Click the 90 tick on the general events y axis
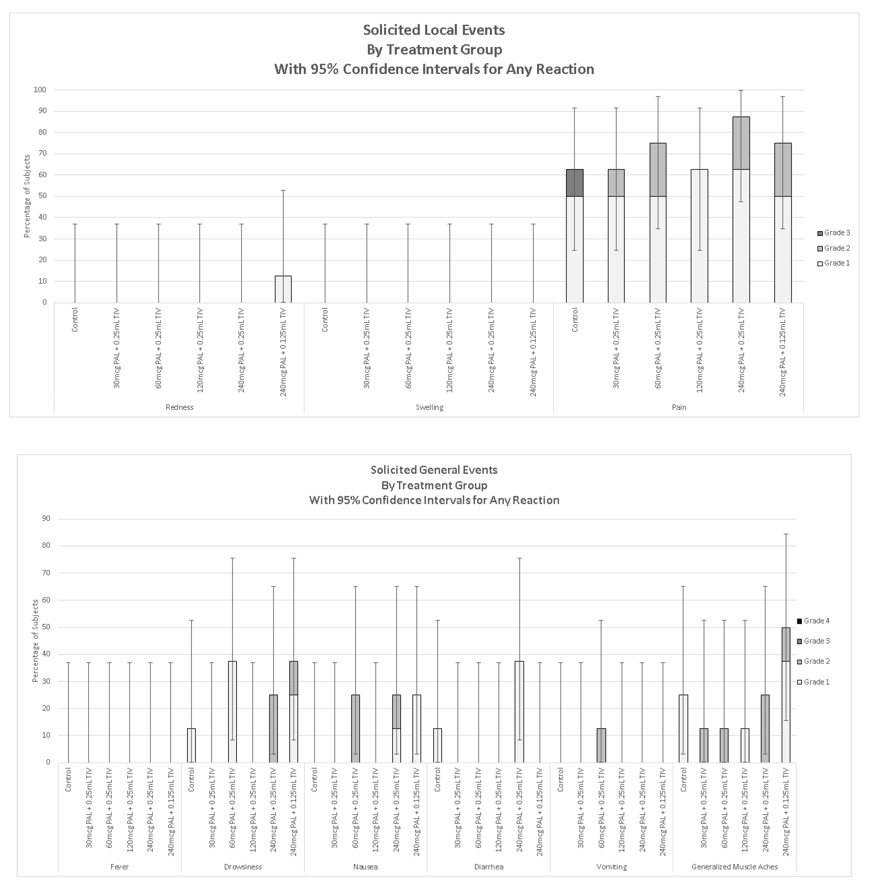pyautogui.click(x=46, y=518)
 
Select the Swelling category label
pyautogui.click(x=429, y=407)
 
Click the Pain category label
pyautogui.click(x=678, y=407)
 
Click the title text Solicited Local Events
pyautogui.click(x=434, y=30)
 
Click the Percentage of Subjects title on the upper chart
pyautogui.click(x=27, y=196)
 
